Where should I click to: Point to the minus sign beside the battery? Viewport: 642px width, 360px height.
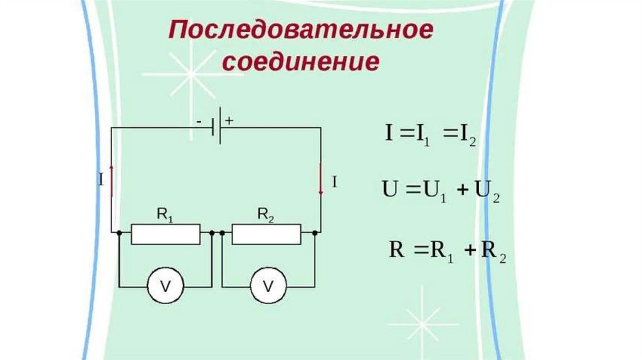pyautogui.click(x=199, y=123)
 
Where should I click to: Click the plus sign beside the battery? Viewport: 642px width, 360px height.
pyautogui.click(x=229, y=122)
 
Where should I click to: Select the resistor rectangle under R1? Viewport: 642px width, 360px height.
pyautogui.click(x=166, y=234)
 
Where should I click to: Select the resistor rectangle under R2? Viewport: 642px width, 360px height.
pyautogui.click(x=266, y=234)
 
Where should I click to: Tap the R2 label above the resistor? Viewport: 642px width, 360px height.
pyautogui.click(x=266, y=215)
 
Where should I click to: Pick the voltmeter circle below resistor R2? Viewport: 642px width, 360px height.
pyautogui.click(x=268, y=287)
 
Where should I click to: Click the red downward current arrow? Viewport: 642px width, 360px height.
pyautogui.click(x=321, y=179)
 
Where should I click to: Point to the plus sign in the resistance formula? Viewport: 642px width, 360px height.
pyautogui.click(x=468, y=251)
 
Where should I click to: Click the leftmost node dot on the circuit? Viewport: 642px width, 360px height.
pyautogui.click(x=119, y=233)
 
